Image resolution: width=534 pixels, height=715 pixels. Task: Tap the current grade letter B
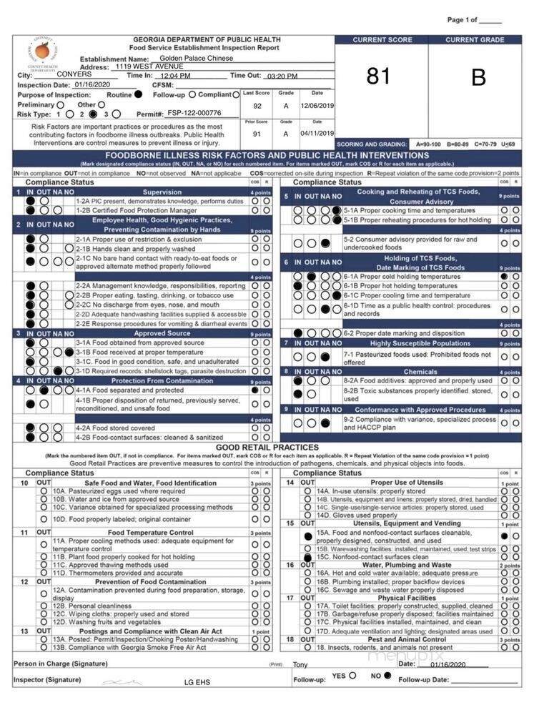(x=478, y=77)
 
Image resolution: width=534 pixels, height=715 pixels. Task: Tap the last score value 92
(x=257, y=105)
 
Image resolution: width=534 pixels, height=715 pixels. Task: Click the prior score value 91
(x=257, y=134)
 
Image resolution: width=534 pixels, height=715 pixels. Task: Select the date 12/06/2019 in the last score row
(x=317, y=105)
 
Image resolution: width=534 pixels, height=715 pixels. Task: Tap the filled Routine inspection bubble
(x=139, y=94)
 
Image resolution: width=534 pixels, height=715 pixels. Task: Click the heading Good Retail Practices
(x=267, y=447)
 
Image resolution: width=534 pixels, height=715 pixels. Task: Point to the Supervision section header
(x=162, y=192)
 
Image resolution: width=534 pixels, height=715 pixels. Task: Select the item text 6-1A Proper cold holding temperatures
(x=402, y=276)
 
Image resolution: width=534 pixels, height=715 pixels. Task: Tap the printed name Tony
(x=301, y=665)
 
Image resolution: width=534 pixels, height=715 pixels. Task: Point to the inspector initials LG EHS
(x=197, y=683)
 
